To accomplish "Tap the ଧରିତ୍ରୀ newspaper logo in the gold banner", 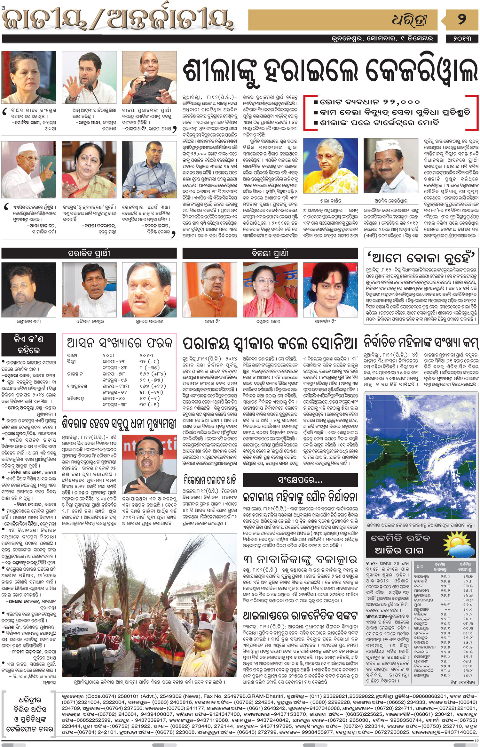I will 410,20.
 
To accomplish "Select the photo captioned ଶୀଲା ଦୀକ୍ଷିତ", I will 330,166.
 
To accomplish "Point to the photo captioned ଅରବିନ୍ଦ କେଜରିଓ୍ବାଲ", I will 391,166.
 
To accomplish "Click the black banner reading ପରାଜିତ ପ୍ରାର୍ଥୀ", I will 89,253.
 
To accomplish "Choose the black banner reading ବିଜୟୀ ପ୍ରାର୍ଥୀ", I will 270,253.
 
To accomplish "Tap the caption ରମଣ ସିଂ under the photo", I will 210,321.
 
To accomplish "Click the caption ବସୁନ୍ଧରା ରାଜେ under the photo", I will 270,321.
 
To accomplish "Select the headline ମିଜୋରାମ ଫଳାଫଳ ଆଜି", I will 210,479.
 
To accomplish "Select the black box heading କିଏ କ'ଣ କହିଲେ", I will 29,344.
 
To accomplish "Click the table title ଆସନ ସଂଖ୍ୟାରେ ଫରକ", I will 119,343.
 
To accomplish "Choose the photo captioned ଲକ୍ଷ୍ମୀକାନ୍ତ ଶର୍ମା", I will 29,290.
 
